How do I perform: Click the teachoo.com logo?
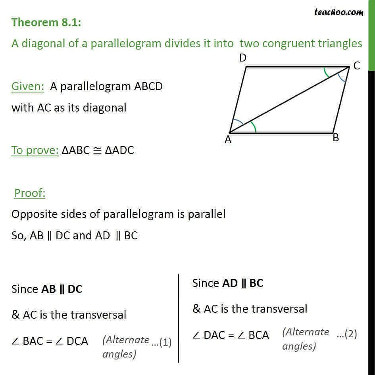[x=338, y=12]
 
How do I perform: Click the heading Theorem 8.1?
[x=47, y=22]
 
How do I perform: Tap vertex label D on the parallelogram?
[x=243, y=58]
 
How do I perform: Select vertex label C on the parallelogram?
[x=356, y=66]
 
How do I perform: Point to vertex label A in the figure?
[x=228, y=139]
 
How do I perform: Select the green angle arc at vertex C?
[x=326, y=73]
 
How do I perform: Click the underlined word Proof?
[x=30, y=193]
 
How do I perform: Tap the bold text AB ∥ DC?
[x=62, y=289]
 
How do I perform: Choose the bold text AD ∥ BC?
[x=242, y=283]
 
